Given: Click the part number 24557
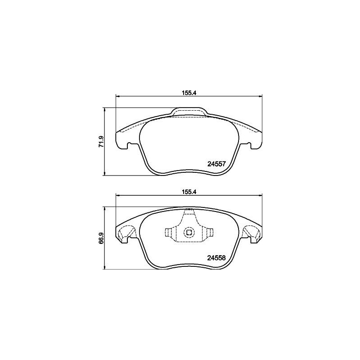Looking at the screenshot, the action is (217, 164).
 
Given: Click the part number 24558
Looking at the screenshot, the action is (216, 258).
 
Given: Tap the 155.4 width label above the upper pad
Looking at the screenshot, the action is (189, 93).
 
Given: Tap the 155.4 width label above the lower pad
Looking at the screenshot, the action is (189, 193).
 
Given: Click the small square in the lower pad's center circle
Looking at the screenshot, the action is (189, 233).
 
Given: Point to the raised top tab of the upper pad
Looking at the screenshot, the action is (189, 111).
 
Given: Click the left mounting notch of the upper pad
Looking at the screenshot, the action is (129, 145).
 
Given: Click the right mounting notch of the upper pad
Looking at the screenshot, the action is (248, 145).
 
